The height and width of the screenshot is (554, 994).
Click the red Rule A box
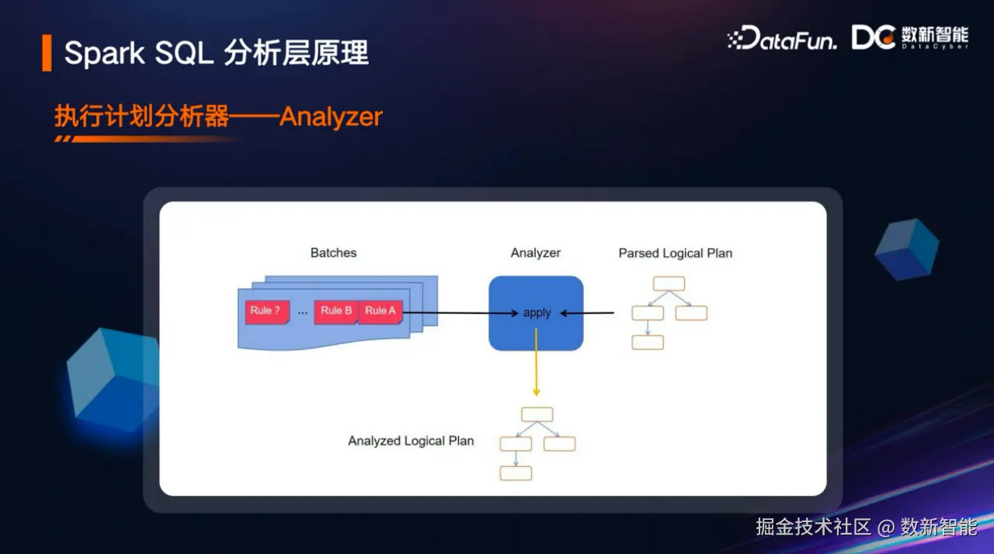[x=381, y=311]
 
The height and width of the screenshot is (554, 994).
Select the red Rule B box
[x=336, y=311]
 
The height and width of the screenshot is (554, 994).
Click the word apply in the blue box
[x=537, y=313]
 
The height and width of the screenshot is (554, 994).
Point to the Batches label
[x=333, y=253]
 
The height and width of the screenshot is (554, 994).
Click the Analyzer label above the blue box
[x=535, y=253]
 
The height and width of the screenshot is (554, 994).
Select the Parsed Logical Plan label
[x=675, y=253]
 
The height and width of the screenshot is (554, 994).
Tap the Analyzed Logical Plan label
[x=411, y=441]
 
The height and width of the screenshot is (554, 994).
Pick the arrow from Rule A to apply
[x=458, y=313]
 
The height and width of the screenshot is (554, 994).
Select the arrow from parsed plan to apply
[x=587, y=313]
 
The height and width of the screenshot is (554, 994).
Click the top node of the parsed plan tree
[x=669, y=283]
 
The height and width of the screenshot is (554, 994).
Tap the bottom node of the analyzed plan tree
[x=516, y=473]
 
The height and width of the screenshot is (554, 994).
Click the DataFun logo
[x=782, y=39]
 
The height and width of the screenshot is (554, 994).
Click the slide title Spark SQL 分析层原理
[x=216, y=53]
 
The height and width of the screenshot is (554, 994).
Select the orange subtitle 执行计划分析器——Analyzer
[x=218, y=116]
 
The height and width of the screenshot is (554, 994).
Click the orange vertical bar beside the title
[x=47, y=53]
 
